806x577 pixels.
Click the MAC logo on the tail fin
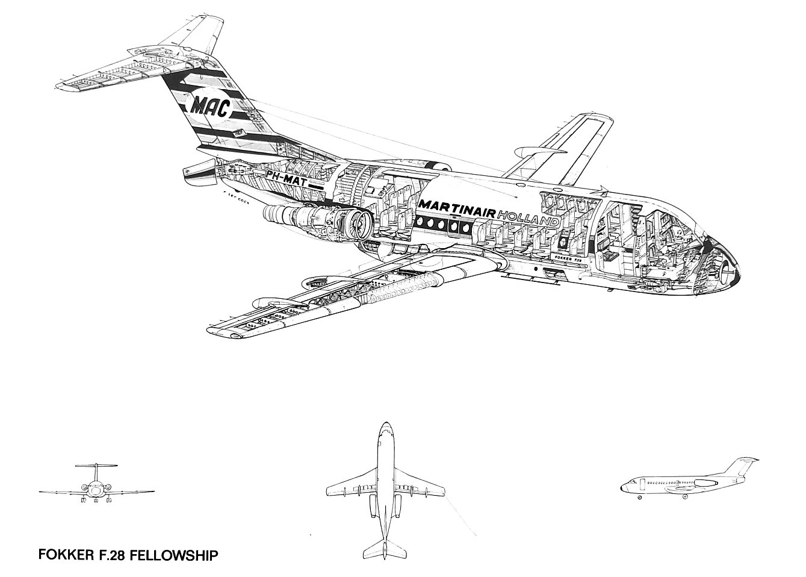click(211, 108)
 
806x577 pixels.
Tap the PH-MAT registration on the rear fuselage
click(288, 178)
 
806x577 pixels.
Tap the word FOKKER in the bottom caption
click(63, 555)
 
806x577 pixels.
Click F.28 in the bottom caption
click(109, 555)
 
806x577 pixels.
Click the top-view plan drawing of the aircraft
click(384, 488)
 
